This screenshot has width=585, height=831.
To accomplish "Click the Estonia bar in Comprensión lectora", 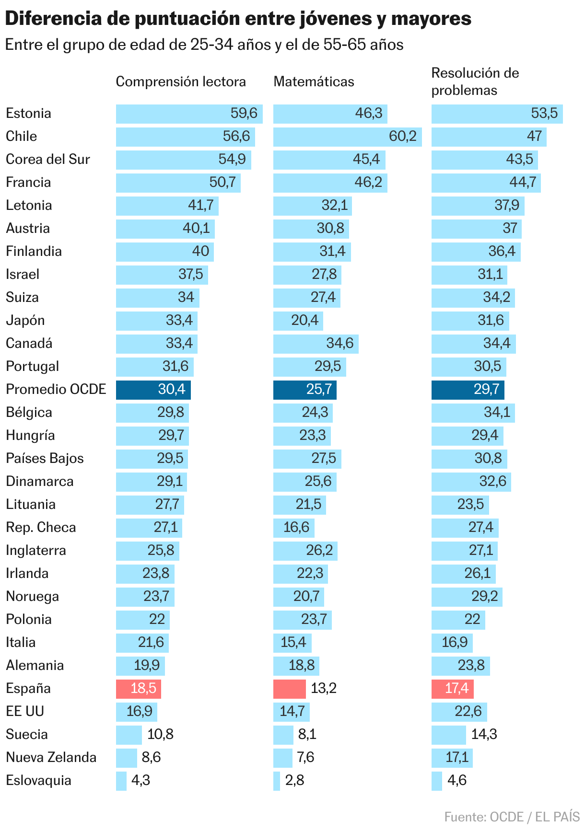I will click(189, 114).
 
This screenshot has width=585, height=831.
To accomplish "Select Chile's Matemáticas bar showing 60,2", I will click(347, 137).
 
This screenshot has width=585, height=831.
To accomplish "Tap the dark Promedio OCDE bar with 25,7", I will click(304, 390).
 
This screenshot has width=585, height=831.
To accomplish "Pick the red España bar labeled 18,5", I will click(138, 689).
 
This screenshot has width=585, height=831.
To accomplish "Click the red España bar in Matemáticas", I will click(289, 689).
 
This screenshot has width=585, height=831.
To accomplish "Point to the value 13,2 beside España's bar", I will click(324, 689).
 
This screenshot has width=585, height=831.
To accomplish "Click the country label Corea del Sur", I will click(48, 159).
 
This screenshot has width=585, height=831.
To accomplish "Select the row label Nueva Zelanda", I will click(51, 757).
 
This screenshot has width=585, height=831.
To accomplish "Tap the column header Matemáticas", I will click(314, 81).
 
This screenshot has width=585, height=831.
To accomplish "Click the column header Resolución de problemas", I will click(475, 81).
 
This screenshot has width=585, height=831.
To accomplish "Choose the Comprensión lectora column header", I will click(181, 81).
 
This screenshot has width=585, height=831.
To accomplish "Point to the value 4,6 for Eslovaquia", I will click(456, 780).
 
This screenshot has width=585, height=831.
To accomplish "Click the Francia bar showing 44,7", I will click(486, 183).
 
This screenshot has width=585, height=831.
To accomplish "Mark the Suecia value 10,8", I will click(160, 734).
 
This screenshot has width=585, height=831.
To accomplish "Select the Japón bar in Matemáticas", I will click(298, 321).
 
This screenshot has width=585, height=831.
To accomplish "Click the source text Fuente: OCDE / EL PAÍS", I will click(512, 817).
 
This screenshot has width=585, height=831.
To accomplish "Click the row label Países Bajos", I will click(45, 458).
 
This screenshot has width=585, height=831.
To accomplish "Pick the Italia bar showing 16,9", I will click(452, 643).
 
